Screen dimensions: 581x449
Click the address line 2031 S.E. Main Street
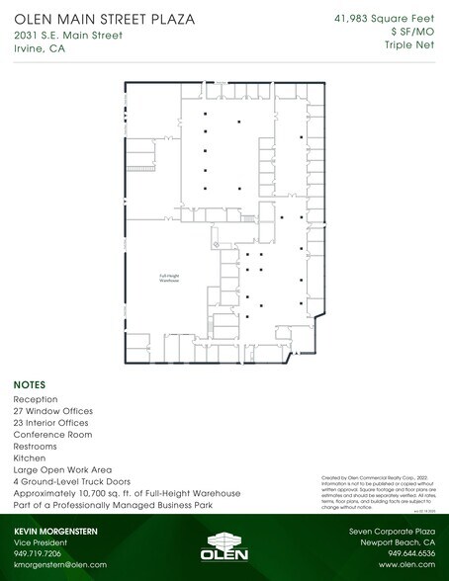point(68,37)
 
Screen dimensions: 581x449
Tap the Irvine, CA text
point(38,52)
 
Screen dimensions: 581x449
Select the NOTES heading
point(28,384)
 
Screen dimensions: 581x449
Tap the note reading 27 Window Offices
point(52,410)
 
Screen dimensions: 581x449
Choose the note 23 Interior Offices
point(51,422)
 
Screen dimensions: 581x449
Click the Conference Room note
point(52,434)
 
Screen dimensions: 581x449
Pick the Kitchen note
point(30,457)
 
